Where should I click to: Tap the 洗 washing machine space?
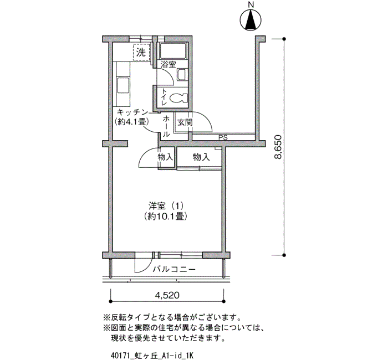141,52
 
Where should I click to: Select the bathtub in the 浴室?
173,51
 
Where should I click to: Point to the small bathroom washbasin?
182,74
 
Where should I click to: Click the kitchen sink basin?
123,85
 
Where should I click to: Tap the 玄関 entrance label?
185,122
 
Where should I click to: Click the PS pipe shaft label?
223,137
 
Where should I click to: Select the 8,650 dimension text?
278,147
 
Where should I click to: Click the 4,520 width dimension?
167,295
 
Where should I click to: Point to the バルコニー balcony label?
174,269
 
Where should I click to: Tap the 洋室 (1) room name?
166,205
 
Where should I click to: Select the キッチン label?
132,112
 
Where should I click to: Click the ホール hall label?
166,126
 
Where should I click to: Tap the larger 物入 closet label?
201,157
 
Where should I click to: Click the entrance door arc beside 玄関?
206,118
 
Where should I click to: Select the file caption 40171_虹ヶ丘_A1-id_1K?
152,356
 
